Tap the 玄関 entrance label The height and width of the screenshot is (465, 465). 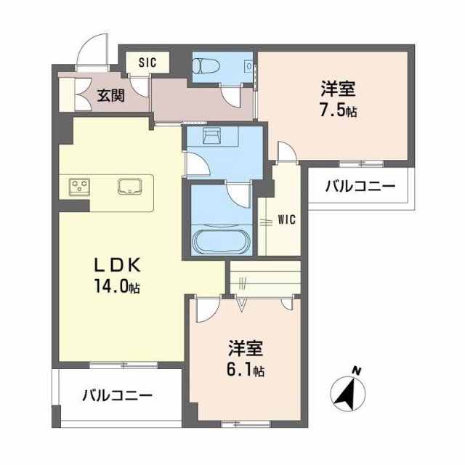pyautogui.click(x=112, y=94)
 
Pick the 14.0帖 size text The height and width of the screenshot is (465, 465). pyautogui.click(x=112, y=286)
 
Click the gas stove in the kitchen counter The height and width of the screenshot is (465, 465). pyautogui.click(x=79, y=187)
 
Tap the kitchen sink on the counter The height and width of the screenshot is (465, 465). pyautogui.click(x=132, y=186)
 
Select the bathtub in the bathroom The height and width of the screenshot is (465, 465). pyautogui.click(x=221, y=241)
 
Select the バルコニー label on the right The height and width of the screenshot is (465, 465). pyautogui.click(x=360, y=187)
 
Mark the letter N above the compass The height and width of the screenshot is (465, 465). pyautogui.click(x=357, y=372)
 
